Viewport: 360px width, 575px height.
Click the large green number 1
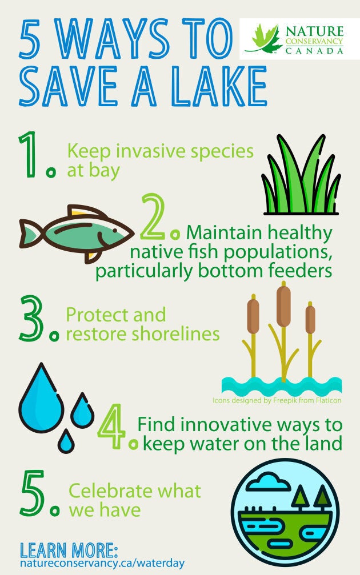(x=29, y=154)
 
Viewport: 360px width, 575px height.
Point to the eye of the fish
(x=114, y=230)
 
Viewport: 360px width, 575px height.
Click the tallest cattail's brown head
(x=283, y=306)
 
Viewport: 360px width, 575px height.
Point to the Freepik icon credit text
(x=277, y=400)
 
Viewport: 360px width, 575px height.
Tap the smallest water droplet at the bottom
(x=66, y=441)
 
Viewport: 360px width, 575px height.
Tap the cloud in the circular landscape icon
(x=267, y=481)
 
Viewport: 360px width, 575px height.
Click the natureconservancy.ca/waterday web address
(x=102, y=563)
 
